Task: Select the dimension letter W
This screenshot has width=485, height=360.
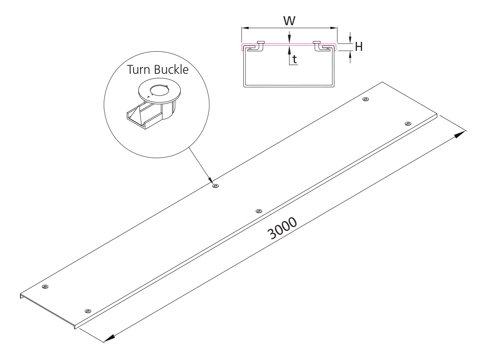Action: click(x=289, y=20)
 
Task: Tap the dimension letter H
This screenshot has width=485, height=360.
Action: click(x=359, y=47)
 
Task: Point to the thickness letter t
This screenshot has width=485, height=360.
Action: click(x=294, y=60)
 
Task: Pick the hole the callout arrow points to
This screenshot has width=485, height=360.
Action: click(x=216, y=186)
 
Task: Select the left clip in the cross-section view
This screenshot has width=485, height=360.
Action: click(x=257, y=46)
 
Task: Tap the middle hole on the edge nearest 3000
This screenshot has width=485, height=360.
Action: click(x=258, y=211)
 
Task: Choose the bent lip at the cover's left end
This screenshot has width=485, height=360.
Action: click(x=21, y=296)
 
